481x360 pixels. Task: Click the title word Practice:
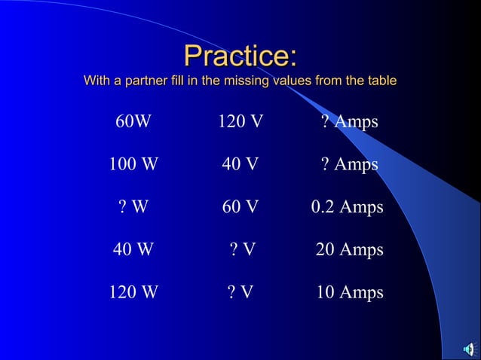point(240,56)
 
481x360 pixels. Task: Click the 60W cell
point(133,121)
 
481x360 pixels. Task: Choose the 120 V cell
point(240,121)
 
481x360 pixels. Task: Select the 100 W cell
point(133,164)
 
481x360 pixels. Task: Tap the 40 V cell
point(240,164)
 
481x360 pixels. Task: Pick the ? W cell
point(133,207)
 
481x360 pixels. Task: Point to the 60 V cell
point(240,207)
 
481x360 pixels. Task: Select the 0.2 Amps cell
point(347,207)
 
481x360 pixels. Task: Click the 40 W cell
point(133,249)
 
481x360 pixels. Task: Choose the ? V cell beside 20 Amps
point(242,249)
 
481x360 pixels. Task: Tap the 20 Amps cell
point(349,249)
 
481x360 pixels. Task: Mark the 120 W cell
point(133,292)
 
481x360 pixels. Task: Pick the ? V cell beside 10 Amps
point(240,292)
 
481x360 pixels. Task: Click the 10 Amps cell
point(349,292)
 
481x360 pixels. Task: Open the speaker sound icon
point(469,348)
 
